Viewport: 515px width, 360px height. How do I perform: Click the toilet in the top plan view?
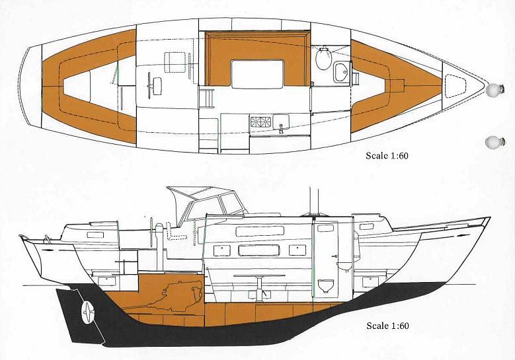(x=323, y=57)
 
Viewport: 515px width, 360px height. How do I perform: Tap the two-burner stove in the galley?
(x=260, y=122)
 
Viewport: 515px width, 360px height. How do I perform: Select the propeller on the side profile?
(x=88, y=312)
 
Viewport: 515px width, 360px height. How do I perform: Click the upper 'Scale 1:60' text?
(x=387, y=155)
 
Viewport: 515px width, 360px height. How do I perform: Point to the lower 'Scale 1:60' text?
(x=387, y=326)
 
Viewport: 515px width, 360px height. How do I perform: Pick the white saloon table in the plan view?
(x=258, y=74)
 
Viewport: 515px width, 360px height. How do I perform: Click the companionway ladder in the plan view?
(x=206, y=98)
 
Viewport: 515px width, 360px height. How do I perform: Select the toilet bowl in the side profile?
(x=326, y=285)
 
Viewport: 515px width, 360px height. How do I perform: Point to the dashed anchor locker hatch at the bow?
(x=456, y=86)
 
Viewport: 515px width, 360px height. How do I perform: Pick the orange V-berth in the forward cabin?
(x=394, y=86)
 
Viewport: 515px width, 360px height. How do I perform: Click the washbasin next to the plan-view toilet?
(x=342, y=72)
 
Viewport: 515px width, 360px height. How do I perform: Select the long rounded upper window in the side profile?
(x=260, y=231)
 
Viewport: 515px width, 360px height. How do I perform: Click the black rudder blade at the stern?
(x=81, y=315)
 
